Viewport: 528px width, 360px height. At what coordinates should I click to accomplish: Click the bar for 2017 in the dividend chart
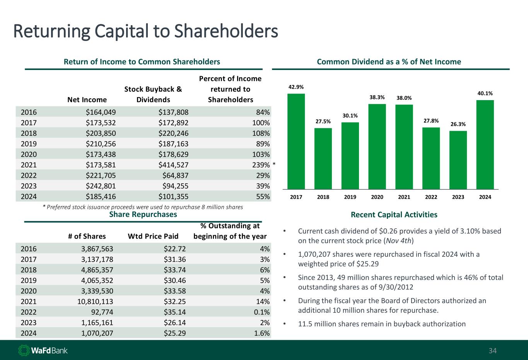(x=296, y=141)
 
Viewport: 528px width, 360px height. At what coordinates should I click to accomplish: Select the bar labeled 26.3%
(x=458, y=160)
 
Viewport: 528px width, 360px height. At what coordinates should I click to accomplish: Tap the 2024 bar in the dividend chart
(x=485, y=144)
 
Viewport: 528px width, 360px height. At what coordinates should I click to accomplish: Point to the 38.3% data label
(x=377, y=97)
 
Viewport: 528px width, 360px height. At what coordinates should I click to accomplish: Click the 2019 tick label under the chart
(x=350, y=197)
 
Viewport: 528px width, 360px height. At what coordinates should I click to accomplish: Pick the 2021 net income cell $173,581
(x=101, y=164)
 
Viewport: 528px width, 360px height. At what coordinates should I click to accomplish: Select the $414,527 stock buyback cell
(x=173, y=164)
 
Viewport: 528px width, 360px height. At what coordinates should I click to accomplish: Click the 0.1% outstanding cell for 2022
(x=261, y=312)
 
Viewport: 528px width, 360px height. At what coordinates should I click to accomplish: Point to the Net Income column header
(x=87, y=100)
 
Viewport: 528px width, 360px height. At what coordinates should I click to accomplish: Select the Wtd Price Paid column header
(x=153, y=236)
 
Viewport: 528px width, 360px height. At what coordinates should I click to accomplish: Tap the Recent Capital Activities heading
(x=394, y=215)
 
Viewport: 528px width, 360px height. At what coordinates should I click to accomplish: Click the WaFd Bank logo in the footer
(x=43, y=350)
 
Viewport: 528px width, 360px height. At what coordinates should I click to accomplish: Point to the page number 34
(x=492, y=351)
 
